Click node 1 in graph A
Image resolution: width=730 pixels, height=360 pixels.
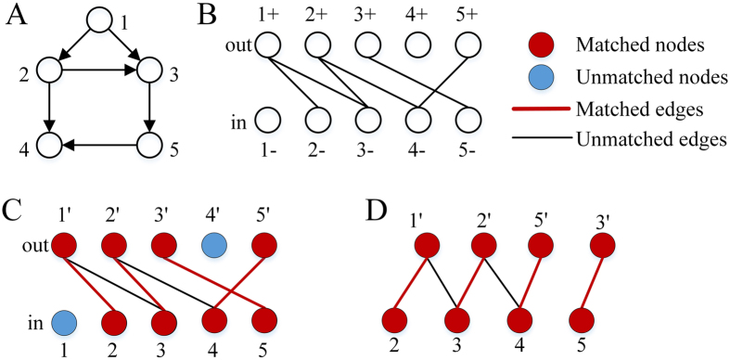101,20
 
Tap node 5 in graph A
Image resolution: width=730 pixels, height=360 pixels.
150,145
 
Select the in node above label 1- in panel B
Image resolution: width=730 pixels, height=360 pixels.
268,120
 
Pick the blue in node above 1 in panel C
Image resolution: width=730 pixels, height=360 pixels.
64,323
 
